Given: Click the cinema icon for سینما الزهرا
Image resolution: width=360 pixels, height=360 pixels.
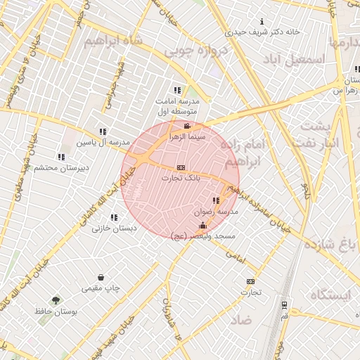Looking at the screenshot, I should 186,126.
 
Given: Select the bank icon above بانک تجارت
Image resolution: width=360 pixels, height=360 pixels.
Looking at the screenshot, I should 181,168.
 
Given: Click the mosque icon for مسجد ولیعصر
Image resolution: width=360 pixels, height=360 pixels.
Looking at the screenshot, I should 203,225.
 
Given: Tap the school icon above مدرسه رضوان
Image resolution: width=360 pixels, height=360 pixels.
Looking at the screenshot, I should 216,200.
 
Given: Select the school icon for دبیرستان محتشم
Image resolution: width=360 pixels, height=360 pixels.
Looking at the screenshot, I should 61,157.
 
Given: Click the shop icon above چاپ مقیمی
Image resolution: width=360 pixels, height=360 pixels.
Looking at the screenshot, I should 101,278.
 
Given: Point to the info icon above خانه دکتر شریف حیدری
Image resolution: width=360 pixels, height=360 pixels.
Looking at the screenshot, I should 262,22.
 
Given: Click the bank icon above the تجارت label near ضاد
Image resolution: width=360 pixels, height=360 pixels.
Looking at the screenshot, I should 251,281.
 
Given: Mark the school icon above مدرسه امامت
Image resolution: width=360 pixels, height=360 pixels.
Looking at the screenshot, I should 177,90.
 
